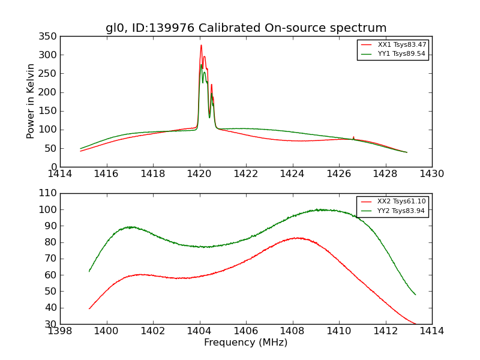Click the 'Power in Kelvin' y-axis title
tap(31, 101)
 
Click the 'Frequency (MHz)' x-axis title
tap(246, 343)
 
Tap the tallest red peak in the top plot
tap(201, 45)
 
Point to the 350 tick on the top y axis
tap(60, 36)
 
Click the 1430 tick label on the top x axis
tap(431, 173)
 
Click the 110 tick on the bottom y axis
tap(60, 193)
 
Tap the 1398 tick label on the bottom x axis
tap(60, 331)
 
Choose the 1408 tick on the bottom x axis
tap(292, 324)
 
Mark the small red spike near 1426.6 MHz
tap(353, 137)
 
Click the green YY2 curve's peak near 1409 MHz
tap(320, 209)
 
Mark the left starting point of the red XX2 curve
tap(89, 308)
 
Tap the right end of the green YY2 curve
tap(415, 295)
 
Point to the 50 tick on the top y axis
tap(60, 148)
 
